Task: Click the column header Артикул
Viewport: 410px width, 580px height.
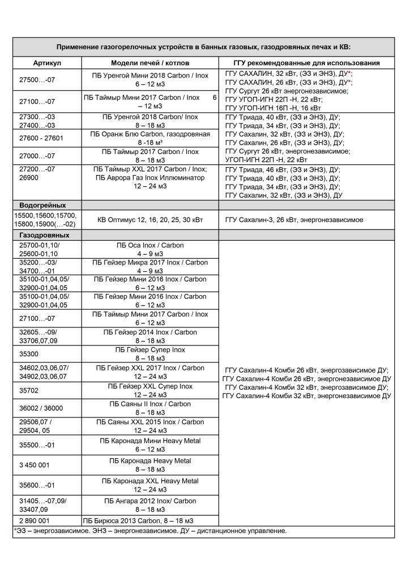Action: coord(47,63)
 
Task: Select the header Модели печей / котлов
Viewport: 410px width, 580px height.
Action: coord(150,63)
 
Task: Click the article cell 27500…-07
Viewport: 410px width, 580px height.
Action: coord(37,80)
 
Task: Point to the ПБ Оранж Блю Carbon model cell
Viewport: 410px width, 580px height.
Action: coord(150,138)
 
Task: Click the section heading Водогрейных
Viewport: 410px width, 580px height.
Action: coord(42,205)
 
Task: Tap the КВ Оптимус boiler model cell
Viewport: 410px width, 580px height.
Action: coord(150,220)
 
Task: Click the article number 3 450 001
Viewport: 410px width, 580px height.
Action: coord(35,465)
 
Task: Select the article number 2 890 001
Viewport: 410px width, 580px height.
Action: coord(35,520)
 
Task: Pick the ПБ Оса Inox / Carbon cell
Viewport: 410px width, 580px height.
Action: coord(150,249)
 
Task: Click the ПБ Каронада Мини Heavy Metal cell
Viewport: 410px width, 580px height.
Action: coord(150,445)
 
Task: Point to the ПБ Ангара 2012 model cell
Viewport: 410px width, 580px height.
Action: coord(150,505)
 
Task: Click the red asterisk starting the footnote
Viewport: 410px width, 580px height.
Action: coord(15,531)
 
